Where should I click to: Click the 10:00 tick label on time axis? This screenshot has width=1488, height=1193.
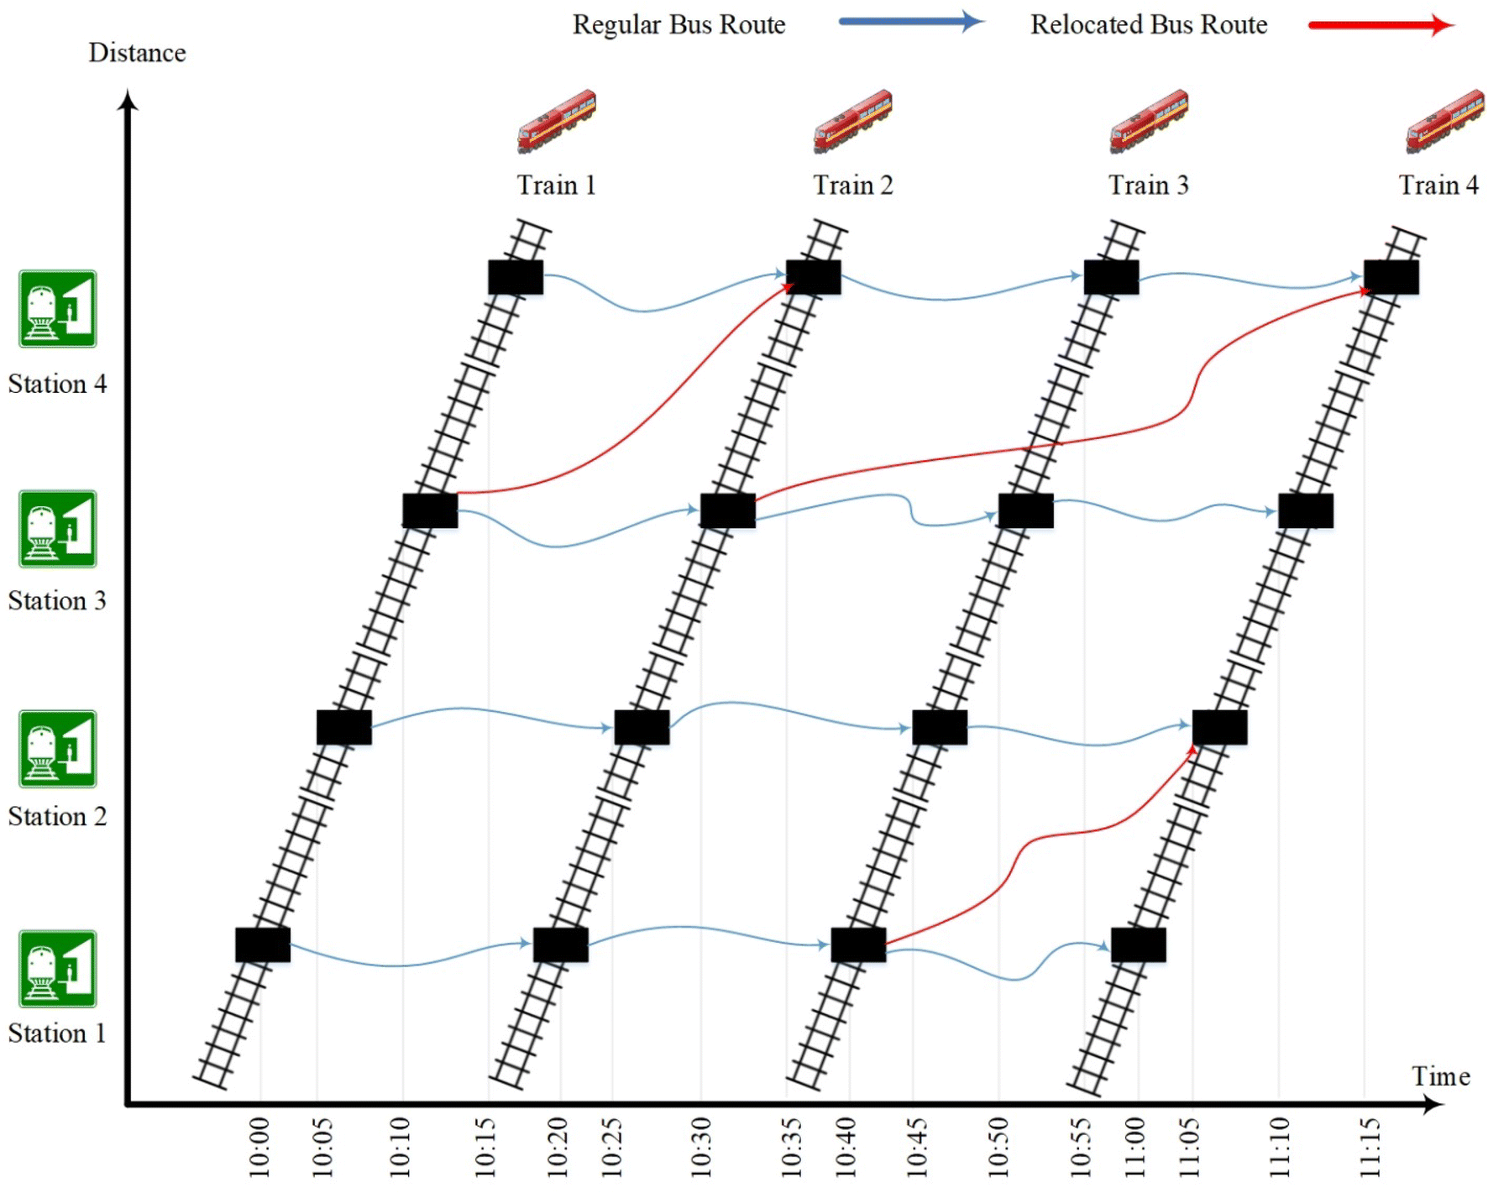pos(259,1147)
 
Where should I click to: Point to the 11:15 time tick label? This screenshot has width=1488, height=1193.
pos(1370,1147)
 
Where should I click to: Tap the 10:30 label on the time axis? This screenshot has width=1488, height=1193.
pos(701,1147)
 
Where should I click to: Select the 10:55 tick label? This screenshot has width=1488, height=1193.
pos(1081,1147)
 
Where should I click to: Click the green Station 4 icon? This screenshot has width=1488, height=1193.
pos(58,309)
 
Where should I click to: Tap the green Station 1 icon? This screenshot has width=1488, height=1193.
pos(58,969)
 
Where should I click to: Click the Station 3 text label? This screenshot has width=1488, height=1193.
pos(57,601)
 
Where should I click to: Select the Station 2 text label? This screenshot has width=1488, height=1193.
pos(57,817)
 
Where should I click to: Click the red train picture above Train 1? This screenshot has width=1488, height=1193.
pos(557,121)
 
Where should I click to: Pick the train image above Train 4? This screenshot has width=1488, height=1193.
pos(1444,121)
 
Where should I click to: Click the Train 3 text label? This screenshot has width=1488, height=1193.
pos(1148,186)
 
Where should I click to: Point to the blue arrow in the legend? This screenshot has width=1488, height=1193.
pos(910,23)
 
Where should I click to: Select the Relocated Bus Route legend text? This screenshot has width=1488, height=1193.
pos(1148,25)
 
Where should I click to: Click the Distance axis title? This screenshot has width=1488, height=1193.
pos(137,53)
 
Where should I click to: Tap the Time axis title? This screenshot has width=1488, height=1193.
pos(1440,1076)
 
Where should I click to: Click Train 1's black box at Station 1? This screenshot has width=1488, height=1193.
pos(263,945)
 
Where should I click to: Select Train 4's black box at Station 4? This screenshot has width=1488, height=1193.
pos(1391,277)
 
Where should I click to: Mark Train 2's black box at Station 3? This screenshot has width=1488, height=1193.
pos(728,510)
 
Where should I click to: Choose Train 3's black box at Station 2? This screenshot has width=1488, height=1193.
pos(940,727)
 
